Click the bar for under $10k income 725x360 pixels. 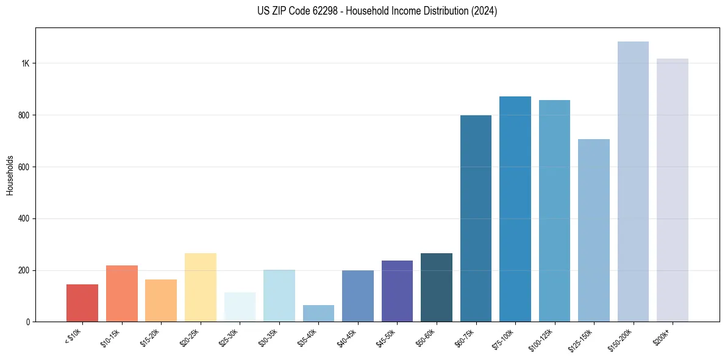pos(82,303)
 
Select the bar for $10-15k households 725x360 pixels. pos(121,293)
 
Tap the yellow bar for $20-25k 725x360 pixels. pos(200,287)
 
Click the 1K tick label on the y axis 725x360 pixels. pos(26,63)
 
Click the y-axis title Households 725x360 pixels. pos(10,175)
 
